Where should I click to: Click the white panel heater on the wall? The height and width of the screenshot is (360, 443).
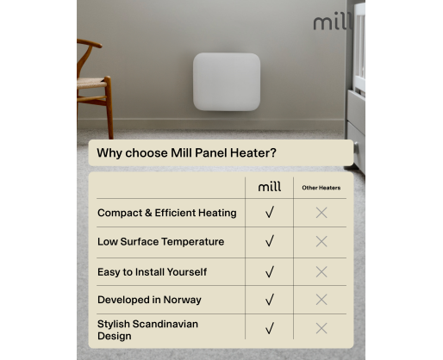tap(227, 82)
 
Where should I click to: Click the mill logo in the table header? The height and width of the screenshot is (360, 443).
tap(270, 187)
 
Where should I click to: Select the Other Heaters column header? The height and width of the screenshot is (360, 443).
tap(321, 188)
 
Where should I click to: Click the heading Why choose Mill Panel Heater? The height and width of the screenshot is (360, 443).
tap(186, 152)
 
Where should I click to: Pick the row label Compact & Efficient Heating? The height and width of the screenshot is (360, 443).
tap(167, 213)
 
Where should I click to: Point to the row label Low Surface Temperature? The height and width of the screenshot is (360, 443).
tap(160, 242)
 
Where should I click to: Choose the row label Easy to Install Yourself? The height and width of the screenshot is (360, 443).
tap(152, 272)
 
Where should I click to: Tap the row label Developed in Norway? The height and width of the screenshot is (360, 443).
tap(149, 300)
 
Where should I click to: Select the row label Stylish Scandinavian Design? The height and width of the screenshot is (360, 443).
tap(147, 330)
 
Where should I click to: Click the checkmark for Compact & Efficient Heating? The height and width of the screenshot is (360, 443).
tap(270, 213)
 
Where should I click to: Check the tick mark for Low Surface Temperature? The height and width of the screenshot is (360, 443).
tap(270, 241)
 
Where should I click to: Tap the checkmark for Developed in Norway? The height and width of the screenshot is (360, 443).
tap(270, 300)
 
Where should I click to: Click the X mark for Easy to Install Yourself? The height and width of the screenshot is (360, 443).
tap(321, 271)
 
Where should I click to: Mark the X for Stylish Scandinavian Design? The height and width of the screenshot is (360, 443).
tap(321, 328)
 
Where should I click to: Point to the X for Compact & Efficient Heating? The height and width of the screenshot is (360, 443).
tap(321, 213)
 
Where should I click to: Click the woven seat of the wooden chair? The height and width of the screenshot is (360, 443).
tap(90, 84)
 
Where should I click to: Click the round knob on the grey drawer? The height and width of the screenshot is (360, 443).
tap(357, 147)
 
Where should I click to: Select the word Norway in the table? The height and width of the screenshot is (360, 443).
tap(183, 300)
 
